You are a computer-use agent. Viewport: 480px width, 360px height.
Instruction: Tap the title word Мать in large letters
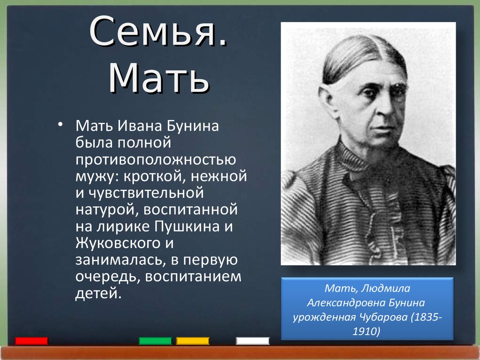click(x=158, y=78)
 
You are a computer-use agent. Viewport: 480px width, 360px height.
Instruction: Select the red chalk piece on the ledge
click(x=31, y=341)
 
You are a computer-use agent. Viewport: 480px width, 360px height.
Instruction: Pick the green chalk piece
click(x=155, y=341)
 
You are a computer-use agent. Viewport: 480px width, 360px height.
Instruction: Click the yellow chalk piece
click(x=193, y=341)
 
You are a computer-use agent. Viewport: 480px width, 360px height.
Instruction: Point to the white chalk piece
click(x=253, y=341)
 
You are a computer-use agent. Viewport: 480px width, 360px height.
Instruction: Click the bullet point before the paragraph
click(x=60, y=124)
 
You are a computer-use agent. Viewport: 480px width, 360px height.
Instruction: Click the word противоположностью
click(x=156, y=160)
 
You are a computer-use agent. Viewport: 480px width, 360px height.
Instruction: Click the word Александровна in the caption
click(x=346, y=303)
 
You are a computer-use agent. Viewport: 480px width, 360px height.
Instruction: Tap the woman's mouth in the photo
click(x=384, y=127)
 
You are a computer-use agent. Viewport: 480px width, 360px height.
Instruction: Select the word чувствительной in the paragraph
click(x=146, y=193)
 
